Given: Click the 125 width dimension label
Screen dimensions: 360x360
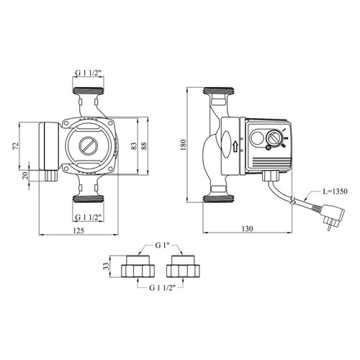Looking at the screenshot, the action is point(78,230).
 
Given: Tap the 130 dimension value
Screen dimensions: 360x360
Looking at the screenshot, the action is point(247,228).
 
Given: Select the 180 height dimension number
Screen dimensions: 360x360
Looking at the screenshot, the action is point(183,145).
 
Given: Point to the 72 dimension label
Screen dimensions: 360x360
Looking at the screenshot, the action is point(15,146).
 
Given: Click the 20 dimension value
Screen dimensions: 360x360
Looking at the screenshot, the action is point(25,176).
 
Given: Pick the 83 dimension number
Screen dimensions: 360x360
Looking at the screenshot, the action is point(134,146).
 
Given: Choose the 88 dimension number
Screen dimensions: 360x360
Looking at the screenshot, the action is point(144,146).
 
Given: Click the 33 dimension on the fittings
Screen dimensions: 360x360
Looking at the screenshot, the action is point(106,266).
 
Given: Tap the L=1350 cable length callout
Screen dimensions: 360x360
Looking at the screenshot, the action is point(334,192).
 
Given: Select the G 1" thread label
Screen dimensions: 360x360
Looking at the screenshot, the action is point(163,246).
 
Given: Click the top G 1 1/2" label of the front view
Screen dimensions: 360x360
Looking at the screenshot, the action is point(89,73).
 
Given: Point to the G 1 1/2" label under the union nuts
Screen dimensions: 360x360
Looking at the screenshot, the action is point(162,288).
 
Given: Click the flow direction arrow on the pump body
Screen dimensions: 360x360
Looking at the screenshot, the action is point(235,146).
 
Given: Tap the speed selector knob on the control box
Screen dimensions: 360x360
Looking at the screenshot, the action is point(274,138).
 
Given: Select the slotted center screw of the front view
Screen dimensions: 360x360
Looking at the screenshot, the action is point(89,146).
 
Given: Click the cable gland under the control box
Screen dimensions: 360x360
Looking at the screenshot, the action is point(272,176).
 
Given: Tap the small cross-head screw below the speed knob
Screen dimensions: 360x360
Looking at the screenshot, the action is point(269,148).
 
